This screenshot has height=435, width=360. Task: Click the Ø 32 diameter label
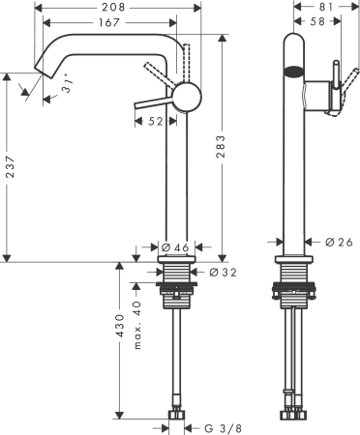(x=224, y=273)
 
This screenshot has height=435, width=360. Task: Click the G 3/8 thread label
(x=221, y=425)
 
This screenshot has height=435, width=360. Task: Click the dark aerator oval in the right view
(x=291, y=70)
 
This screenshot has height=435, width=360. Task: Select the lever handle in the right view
(x=335, y=87)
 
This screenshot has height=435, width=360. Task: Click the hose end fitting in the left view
(x=178, y=416)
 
